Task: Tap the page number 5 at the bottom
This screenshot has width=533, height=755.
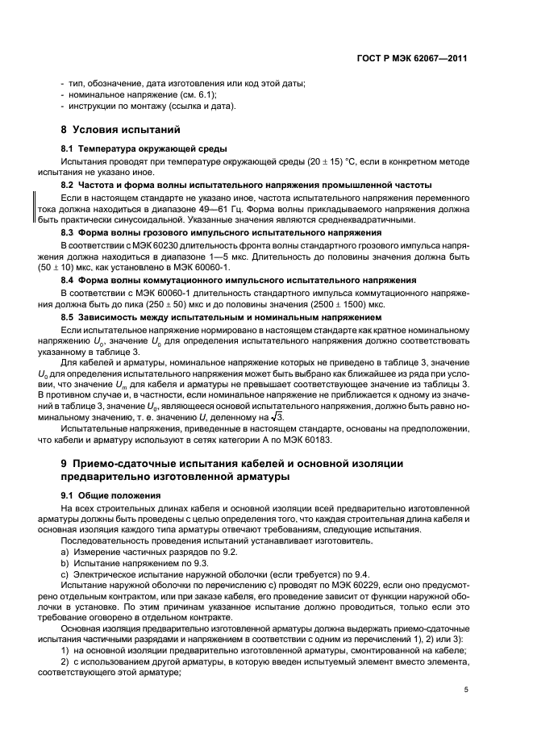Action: pos(466,690)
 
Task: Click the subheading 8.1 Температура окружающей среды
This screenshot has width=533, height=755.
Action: pos(133,149)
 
